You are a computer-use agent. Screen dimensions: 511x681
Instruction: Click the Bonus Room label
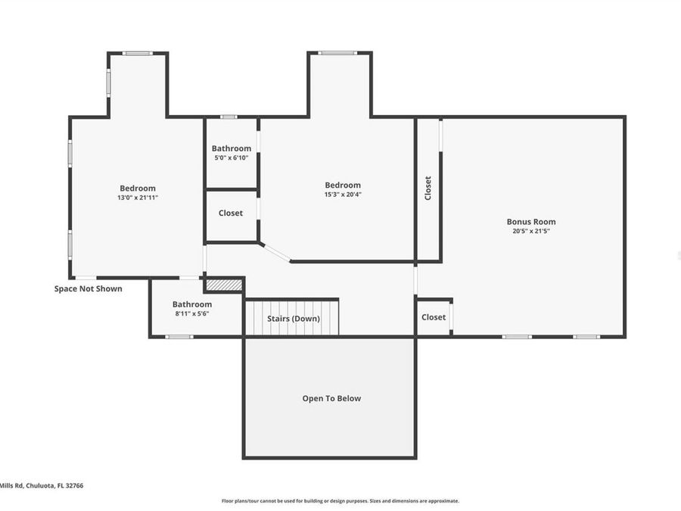pyautogui.click(x=530, y=222)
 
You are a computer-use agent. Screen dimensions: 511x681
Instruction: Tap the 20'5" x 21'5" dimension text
pyautogui.click(x=530, y=232)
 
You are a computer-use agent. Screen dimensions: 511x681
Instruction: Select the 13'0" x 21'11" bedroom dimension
pyautogui.click(x=137, y=198)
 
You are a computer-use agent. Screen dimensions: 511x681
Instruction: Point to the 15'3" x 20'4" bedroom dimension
pyautogui.click(x=343, y=195)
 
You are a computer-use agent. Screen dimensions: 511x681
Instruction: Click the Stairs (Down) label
pyautogui.click(x=293, y=319)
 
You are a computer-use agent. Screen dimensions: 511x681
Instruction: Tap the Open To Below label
pyautogui.click(x=331, y=398)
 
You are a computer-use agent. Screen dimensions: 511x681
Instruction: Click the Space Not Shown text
pyautogui.click(x=88, y=288)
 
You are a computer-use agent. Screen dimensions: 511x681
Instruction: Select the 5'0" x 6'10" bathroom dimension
pyautogui.click(x=231, y=158)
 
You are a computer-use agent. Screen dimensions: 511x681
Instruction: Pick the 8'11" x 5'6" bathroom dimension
pyautogui.click(x=191, y=313)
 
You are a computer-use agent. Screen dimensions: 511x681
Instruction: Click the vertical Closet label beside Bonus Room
pyautogui.click(x=428, y=188)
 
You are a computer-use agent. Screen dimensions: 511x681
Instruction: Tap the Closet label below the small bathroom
pyautogui.click(x=231, y=213)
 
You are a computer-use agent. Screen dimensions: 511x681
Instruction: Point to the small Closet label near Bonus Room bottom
pyautogui.click(x=434, y=317)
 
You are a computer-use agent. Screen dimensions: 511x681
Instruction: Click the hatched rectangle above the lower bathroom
pyautogui.click(x=224, y=285)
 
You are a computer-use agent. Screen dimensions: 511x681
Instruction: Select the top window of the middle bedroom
pyautogui.click(x=337, y=53)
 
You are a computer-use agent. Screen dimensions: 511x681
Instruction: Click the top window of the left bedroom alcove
pyautogui.click(x=137, y=53)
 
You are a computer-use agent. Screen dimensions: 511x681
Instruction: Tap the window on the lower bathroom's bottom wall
pyautogui.click(x=179, y=337)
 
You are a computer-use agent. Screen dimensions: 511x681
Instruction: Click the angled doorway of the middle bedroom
pyautogui.click(x=275, y=253)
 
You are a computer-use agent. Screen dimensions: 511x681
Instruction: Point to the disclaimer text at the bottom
pyautogui.click(x=340, y=500)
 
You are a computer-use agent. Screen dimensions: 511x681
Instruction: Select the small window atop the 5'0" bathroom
pyautogui.click(x=228, y=117)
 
